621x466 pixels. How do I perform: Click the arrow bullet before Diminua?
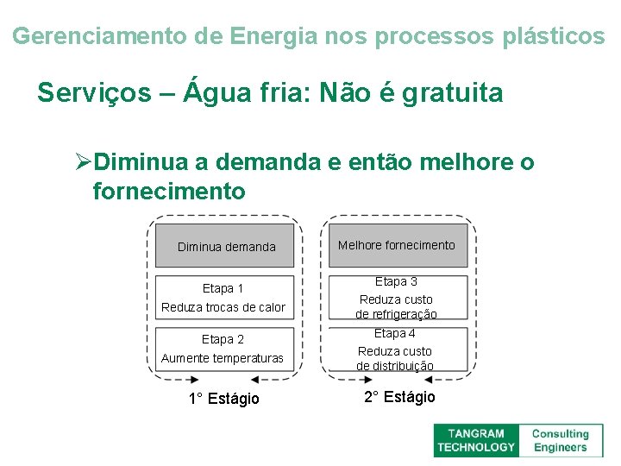pyautogui.click(x=83, y=162)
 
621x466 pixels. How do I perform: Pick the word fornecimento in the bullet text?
pyautogui.click(x=169, y=190)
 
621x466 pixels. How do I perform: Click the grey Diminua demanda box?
pyautogui.click(x=226, y=247)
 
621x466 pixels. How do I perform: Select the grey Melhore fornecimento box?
pyautogui.click(x=397, y=245)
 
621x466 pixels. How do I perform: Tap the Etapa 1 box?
pyautogui.click(x=223, y=297)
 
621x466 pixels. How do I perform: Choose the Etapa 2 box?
pyautogui.click(x=223, y=349)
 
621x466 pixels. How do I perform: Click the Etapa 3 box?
pyautogui.click(x=397, y=297)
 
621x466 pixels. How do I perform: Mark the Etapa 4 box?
pyautogui.click(x=397, y=349)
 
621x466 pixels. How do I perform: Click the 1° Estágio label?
pyautogui.click(x=223, y=398)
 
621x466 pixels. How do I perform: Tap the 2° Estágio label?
pyautogui.click(x=399, y=397)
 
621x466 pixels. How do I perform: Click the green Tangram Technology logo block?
pyautogui.click(x=475, y=440)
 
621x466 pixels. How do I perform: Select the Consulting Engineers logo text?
pyautogui.click(x=560, y=440)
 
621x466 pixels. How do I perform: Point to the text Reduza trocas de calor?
pyautogui.click(x=223, y=307)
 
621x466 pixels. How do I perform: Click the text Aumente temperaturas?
pyautogui.click(x=223, y=358)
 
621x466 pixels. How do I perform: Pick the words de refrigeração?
pyautogui.click(x=396, y=314)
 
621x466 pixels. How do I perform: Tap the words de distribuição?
pyautogui.click(x=395, y=366)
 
